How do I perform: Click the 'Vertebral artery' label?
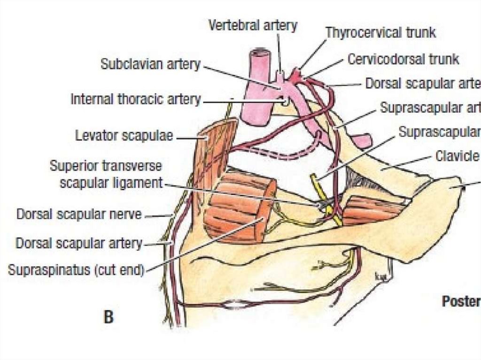click(x=253, y=25)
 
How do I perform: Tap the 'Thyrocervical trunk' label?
click(x=380, y=33)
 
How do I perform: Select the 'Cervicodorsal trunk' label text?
click(x=403, y=60)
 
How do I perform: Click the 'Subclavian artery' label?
click(x=150, y=64)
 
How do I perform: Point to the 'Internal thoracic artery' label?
click(x=136, y=100)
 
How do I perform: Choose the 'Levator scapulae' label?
click(x=124, y=136)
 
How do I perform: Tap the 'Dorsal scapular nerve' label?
click(x=79, y=214)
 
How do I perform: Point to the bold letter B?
click(x=109, y=318)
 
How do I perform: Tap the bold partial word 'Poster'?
click(x=461, y=302)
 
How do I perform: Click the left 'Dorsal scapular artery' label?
click(x=79, y=243)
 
